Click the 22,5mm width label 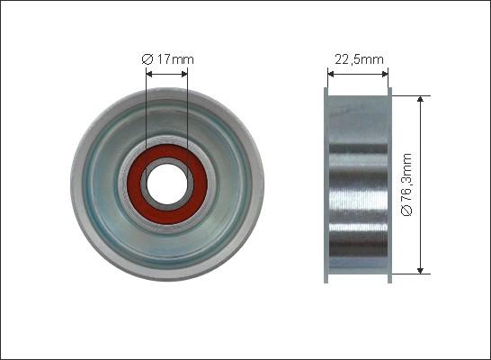pos(359,59)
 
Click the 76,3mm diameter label pos(406,184)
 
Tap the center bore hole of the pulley pos(167,184)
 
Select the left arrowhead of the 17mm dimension pos(149,74)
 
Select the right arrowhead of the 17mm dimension pos(184,74)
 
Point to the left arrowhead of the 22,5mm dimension pos(331,74)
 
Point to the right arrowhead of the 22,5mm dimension pos(385,74)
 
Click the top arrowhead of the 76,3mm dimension pos(421,99)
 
